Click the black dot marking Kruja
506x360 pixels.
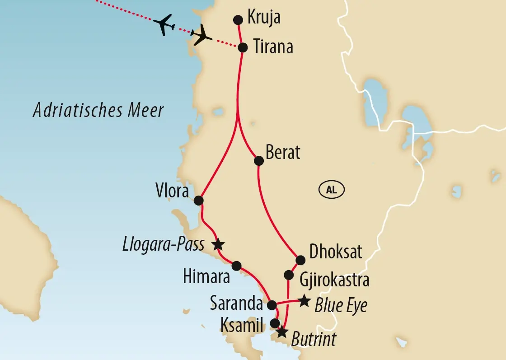(x=238, y=20)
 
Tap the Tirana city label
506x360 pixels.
(x=272, y=47)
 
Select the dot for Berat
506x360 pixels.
(x=259, y=160)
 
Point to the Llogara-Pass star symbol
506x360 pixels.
(x=218, y=244)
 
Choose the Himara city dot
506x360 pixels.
(x=236, y=265)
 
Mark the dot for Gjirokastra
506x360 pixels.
(x=288, y=275)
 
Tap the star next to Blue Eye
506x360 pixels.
(x=304, y=300)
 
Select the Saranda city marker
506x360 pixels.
(x=272, y=305)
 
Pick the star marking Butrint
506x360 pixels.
(x=281, y=332)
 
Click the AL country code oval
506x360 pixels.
(x=332, y=190)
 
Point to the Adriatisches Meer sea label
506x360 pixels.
(x=98, y=110)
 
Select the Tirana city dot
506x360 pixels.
(x=243, y=47)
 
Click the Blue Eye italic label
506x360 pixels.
(x=341, y=306)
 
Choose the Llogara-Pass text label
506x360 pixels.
(x=163, y=245)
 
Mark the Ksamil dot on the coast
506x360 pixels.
(x=274, y=323)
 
